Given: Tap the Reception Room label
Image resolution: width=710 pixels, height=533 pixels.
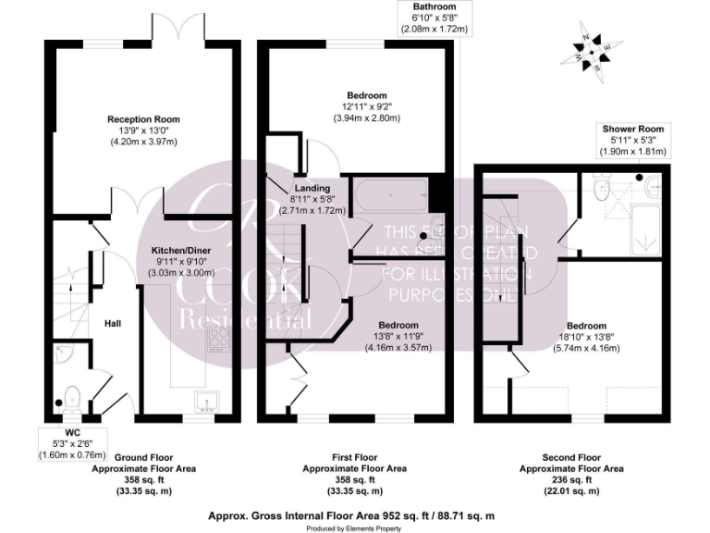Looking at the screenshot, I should coord(143,119).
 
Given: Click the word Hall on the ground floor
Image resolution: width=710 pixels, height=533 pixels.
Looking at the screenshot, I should coord(113,323).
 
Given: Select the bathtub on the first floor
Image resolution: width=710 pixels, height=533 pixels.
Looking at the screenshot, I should coord(391,196).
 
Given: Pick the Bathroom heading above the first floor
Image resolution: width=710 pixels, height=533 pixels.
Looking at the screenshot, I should coord(434,6).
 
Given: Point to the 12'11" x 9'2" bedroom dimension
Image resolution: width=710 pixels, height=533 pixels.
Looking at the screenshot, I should coord(367,107).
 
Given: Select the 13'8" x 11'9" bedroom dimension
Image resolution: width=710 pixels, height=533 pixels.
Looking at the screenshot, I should coord(398,338).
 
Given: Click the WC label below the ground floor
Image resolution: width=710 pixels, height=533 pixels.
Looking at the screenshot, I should coord(73,432).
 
